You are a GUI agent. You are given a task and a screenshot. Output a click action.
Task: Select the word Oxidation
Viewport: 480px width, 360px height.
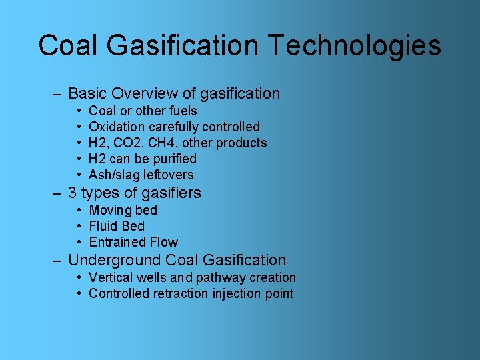pos(117,127)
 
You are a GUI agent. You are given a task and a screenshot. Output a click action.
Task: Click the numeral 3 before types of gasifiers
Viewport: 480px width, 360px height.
pos(73,193)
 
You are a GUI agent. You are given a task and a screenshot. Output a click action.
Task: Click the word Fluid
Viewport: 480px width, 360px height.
pos(103,226)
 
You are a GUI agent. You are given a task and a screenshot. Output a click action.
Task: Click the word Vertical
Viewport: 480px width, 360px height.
pos(111,277)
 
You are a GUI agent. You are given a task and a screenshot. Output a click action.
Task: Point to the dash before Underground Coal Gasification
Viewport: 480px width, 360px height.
pos(58,260)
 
